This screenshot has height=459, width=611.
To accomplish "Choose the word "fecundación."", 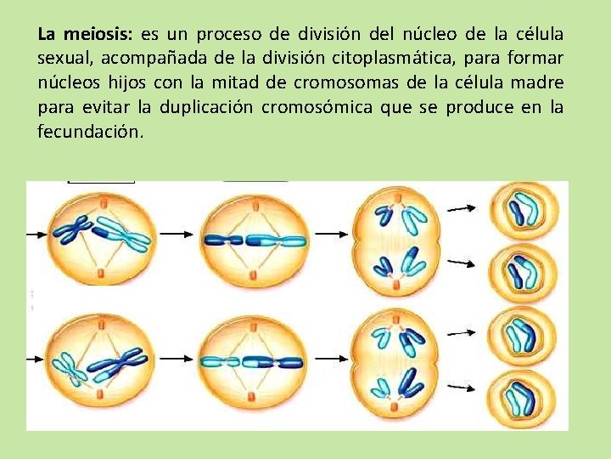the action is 91,132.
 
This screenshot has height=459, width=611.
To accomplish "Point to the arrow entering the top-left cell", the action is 40,233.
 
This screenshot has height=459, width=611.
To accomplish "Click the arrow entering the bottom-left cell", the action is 40,355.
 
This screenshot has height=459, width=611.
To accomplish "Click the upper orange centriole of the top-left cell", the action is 102,202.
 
